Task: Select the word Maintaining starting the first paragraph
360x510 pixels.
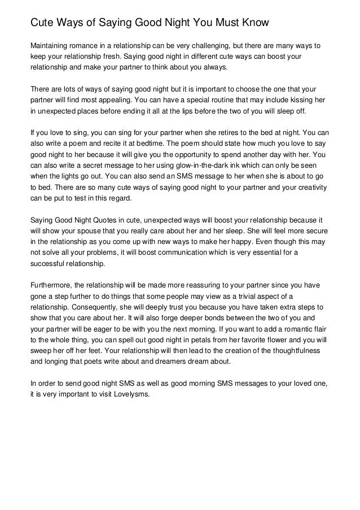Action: click(x=52, y=45)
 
